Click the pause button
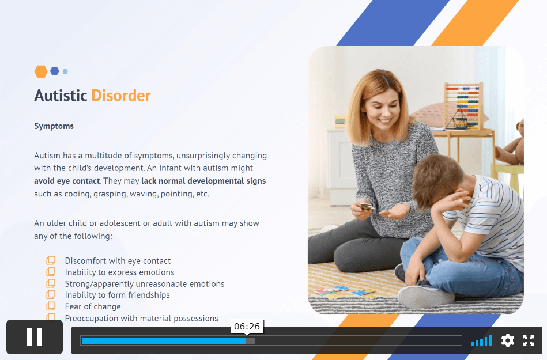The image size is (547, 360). (35, 337)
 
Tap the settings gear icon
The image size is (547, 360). (508, 340)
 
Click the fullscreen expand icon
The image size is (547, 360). (529, 340)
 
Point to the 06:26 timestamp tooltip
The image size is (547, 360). (247, 327)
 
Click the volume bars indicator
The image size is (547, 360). (481, 340)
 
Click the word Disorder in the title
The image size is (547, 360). (121, 96)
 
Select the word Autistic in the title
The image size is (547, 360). (61, 96)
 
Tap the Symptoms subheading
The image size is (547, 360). (54, 126)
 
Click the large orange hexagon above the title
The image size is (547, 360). (41, 71)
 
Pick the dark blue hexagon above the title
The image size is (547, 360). (54, 71)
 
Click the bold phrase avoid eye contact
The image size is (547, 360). (67, 181)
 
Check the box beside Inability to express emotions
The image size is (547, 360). (51, 272)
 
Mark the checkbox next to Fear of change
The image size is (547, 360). (51, 306)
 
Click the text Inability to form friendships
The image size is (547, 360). (117, 295)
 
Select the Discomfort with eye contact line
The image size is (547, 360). (118, 261)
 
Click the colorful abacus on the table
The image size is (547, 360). (463, 106)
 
